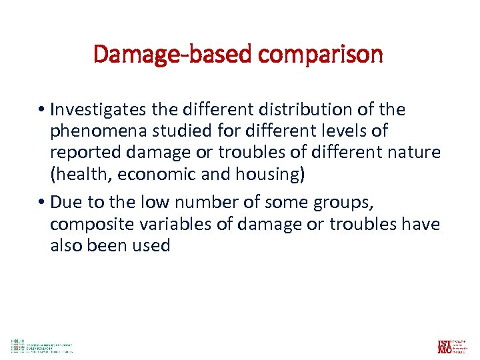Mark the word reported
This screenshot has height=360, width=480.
click(x=83, y=153)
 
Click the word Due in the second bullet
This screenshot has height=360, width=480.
click(x=64, y=202)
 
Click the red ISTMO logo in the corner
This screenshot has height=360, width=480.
click(x=445, y=346)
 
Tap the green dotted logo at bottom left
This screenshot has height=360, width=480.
click(x=17, y=346)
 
